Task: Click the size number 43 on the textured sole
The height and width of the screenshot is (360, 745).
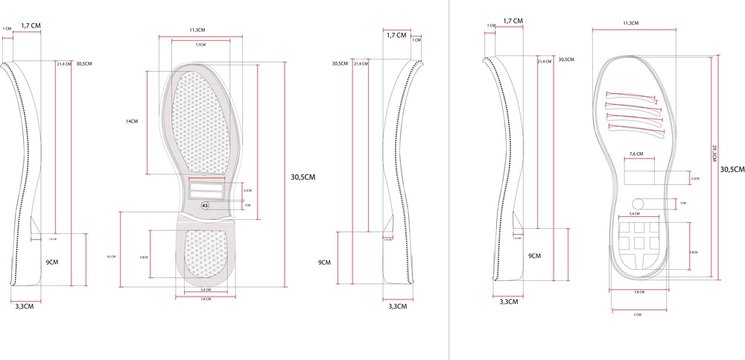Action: click(205, 203)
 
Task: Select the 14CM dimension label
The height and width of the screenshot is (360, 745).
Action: click(131, 120)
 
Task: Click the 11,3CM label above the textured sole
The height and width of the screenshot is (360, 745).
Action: click(198, 31)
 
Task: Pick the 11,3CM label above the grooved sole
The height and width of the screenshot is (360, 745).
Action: click(630, 22)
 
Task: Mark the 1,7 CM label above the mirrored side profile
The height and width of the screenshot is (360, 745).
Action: click(396, 35)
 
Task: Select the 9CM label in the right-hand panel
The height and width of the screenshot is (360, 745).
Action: click(534, 256)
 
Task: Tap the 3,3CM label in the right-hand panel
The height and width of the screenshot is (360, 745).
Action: click(508, 300)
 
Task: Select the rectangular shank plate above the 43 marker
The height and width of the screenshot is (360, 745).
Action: click(206, 185)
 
